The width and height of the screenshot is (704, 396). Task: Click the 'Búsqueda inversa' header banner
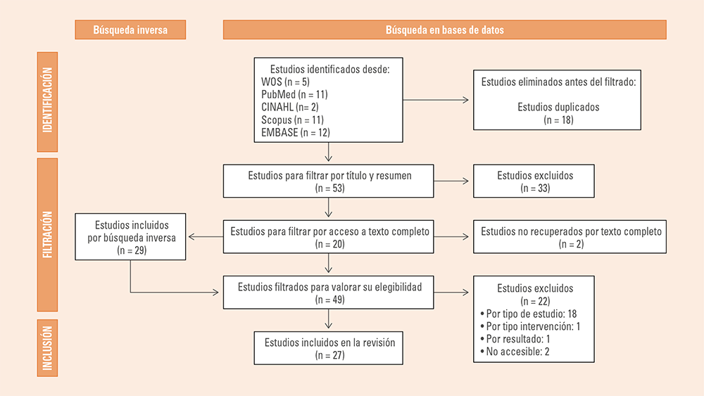[x=130, y=30]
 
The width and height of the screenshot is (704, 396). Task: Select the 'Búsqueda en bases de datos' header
[x=444, y=30]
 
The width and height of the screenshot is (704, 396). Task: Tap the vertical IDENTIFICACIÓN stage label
[x=47, y=102]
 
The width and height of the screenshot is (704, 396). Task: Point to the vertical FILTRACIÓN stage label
[x=47, y=234]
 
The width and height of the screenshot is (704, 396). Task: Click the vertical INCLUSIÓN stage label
[x=47, y=348]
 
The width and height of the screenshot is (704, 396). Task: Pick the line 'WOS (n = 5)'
[x=286, y=82]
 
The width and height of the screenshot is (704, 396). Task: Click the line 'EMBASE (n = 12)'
[x=296, y=133]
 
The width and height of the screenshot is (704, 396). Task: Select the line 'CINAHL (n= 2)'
[x=289, y=107]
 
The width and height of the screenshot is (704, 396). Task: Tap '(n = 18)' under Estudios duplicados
[x=558, y=120]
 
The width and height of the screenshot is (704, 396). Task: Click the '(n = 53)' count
[x=330, y=189]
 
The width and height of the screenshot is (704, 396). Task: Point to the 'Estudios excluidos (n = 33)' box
[x=534, y=181]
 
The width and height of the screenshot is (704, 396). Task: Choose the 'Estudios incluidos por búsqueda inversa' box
[x=130, y=237]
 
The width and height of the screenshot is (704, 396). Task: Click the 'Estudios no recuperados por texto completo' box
[x=570, y=237]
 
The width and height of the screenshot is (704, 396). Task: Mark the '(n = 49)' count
[x=330, y=300]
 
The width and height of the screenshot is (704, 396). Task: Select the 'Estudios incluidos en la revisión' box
[x=328, y=348]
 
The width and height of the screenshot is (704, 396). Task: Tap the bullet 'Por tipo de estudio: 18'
[x=529, y=314]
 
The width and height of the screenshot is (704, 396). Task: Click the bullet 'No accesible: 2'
[x=515, y=352]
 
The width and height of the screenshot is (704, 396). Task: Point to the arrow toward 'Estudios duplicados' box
[x=436, y=100]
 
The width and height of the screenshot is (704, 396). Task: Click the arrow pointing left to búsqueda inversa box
[x=206, y=237]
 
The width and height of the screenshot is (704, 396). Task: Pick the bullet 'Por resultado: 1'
[x=515, y=339]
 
